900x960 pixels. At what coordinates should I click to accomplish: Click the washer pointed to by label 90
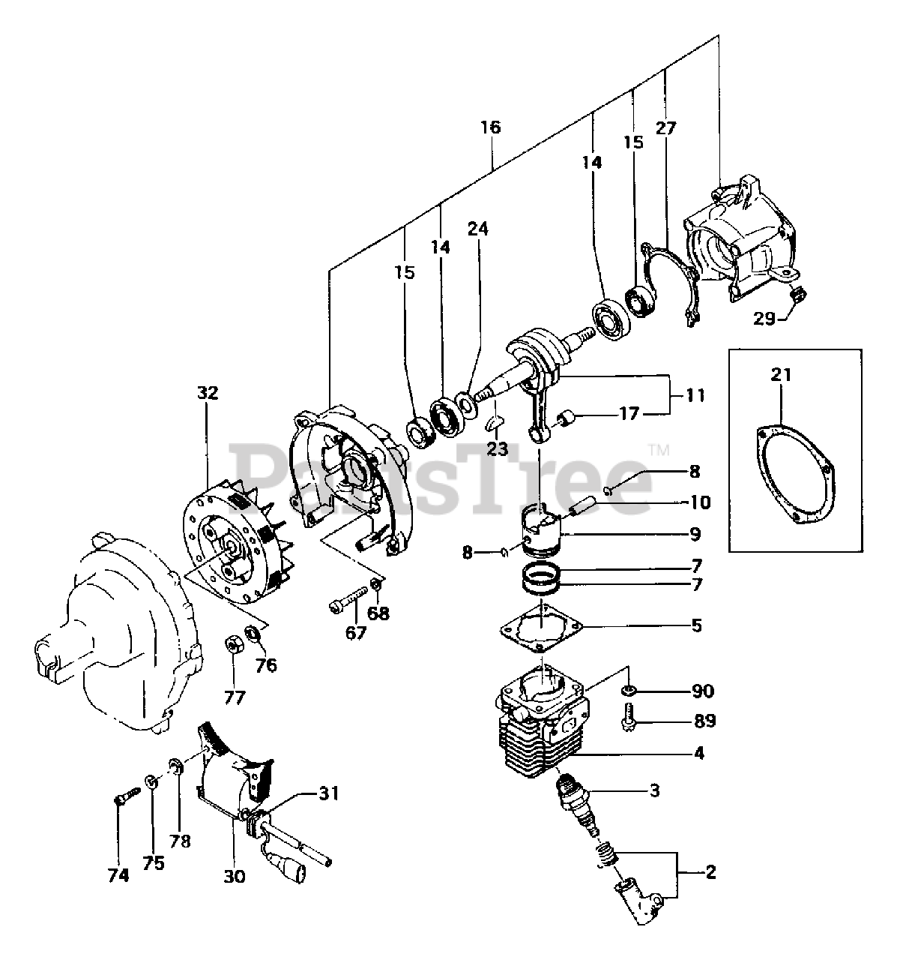(628, 689)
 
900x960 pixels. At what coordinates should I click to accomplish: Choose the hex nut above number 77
(233, 644)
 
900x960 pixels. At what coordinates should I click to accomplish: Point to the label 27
(665, 127)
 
